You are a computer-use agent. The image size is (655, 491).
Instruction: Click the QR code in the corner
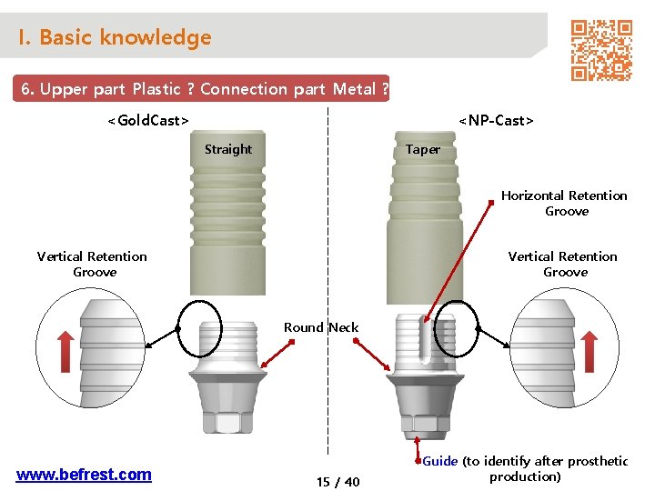600,50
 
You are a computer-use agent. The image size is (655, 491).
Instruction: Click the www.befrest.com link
84,474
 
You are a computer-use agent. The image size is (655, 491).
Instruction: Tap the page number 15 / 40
338,482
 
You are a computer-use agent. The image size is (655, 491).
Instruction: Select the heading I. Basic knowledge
115,37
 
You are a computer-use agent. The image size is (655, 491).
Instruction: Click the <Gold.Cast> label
148,120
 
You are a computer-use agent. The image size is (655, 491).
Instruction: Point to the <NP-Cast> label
496,120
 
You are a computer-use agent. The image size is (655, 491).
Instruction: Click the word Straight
228,149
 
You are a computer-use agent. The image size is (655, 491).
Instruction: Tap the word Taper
423,149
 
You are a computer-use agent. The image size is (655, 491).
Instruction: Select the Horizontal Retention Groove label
565,203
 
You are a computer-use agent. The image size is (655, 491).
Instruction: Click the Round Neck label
321,327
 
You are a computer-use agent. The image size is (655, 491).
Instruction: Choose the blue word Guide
440,461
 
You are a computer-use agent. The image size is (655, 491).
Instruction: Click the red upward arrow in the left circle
65,351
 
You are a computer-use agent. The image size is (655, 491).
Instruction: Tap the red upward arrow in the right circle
589,351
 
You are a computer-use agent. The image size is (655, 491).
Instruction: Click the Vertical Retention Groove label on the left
93,264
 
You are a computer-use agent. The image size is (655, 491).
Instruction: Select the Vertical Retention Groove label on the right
563,264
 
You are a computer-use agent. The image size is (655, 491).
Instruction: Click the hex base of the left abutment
228,423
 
